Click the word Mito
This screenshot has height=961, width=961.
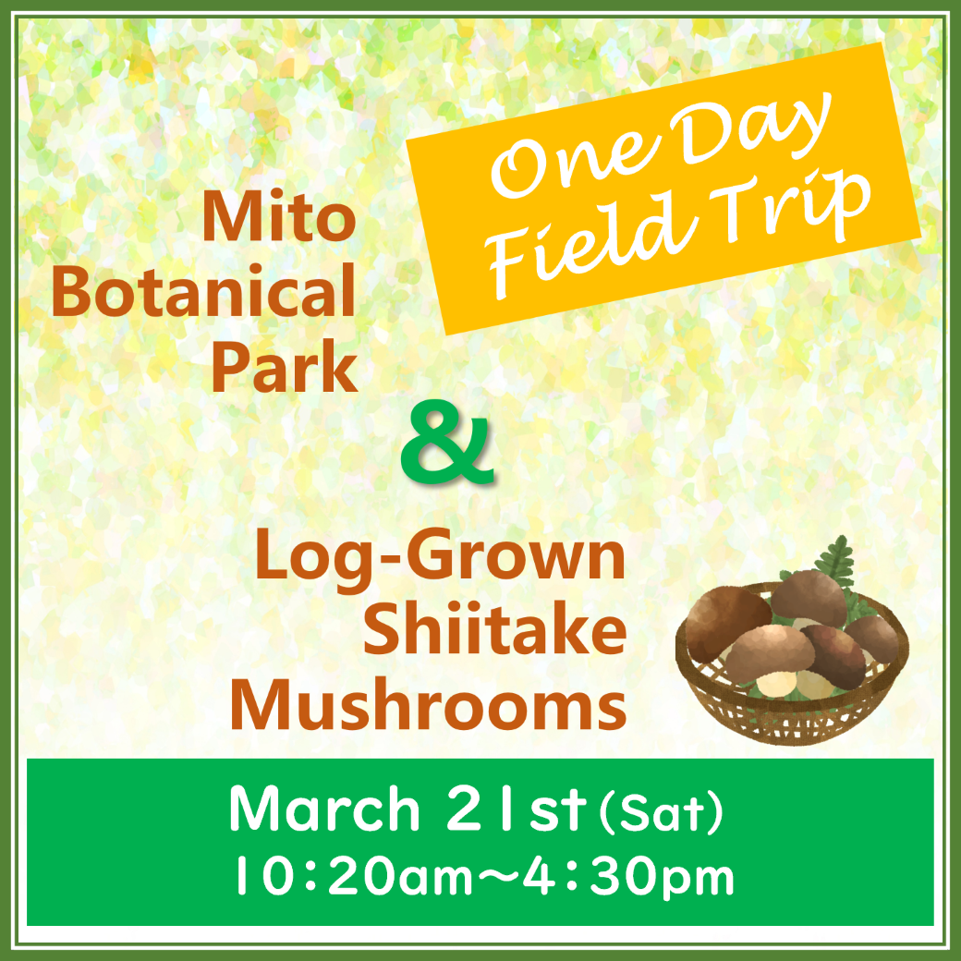pyautogui.click(x=279, y=217)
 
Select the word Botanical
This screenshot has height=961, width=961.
pyautogui.click(x=204, y=291)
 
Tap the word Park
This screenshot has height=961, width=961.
pyautogui.click(x=285, y=366)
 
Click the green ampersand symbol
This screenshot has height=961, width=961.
pyautogui.click(x=447, y=442)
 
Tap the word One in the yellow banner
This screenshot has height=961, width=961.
pyautogui.click(x=573, y=164)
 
